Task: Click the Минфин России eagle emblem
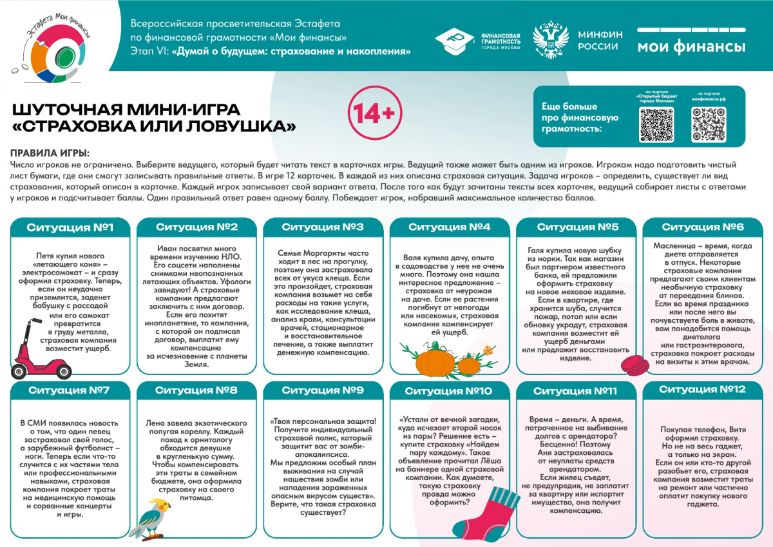click(x=548, y=40)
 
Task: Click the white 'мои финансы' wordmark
click(x=691, y=46)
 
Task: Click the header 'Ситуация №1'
click(x=70, y=227)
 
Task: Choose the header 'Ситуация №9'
click(x=323, y=390)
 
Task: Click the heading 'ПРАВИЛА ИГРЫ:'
click(x=50, y=153)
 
